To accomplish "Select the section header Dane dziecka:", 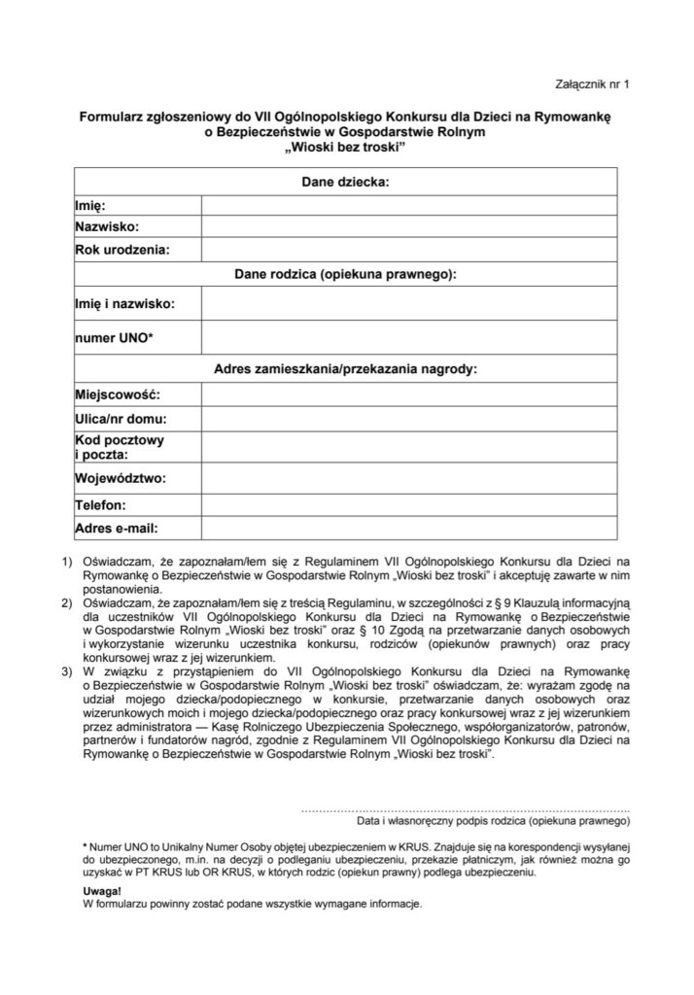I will tap(346, 181).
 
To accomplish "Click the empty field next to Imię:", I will tap(408, 205).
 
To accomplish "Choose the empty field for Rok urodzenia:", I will tap(408, 250).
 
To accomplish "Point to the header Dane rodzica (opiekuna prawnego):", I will tap(346, 275).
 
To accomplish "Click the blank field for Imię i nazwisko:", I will tap(408, 303).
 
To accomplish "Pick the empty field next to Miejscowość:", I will tap(408, 395).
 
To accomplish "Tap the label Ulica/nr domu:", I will tap(121, 420).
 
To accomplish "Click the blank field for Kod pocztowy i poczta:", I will tap(408, 447).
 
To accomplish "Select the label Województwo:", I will tap(121, 478).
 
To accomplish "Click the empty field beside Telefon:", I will tap(408, 505).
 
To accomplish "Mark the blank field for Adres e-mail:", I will tap(408, 529).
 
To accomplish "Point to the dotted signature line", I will tap(459, 808).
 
